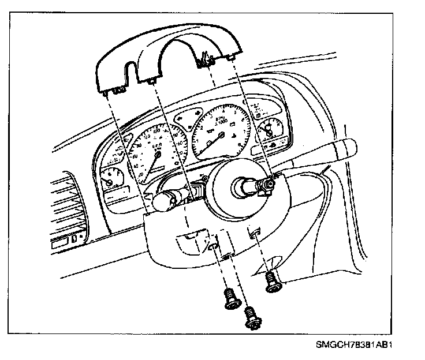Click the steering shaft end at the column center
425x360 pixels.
[241, 186]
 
